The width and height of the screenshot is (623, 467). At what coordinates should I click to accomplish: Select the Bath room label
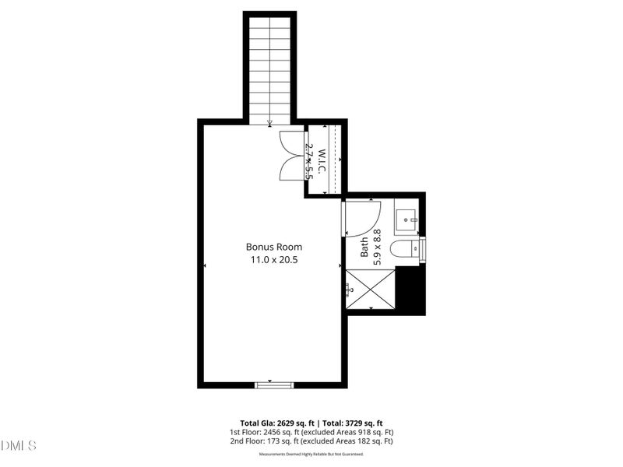pyautogui.click(x=364, y=248)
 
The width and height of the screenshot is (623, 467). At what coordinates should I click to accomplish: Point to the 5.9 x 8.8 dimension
pyautogui.click(x=378, y=248)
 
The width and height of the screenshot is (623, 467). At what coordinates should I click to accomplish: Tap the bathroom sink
pyautogui.click(x=407, y=220)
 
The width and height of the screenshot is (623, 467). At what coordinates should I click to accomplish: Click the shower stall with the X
pyautogui.click(x=371, y=289)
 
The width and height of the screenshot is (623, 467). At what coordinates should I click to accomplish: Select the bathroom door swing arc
pyautogui.click(x=363, y=219)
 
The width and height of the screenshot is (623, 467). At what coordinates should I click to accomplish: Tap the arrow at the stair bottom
pyautogui.click(x=269, y=122)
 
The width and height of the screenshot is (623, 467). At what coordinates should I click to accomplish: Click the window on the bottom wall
pyautogui.click(x=275, y=384)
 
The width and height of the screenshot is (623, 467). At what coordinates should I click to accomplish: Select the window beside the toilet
pyautogui.click(x=423, y=249)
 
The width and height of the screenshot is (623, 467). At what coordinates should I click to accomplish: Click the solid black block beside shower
pyautogui.click(x=410, y=290)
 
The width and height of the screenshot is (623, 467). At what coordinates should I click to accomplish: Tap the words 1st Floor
pyautogui.click(x=245, y=433)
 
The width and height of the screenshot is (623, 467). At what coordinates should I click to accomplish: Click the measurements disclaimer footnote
pyautogui.click(x=311, y=453)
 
